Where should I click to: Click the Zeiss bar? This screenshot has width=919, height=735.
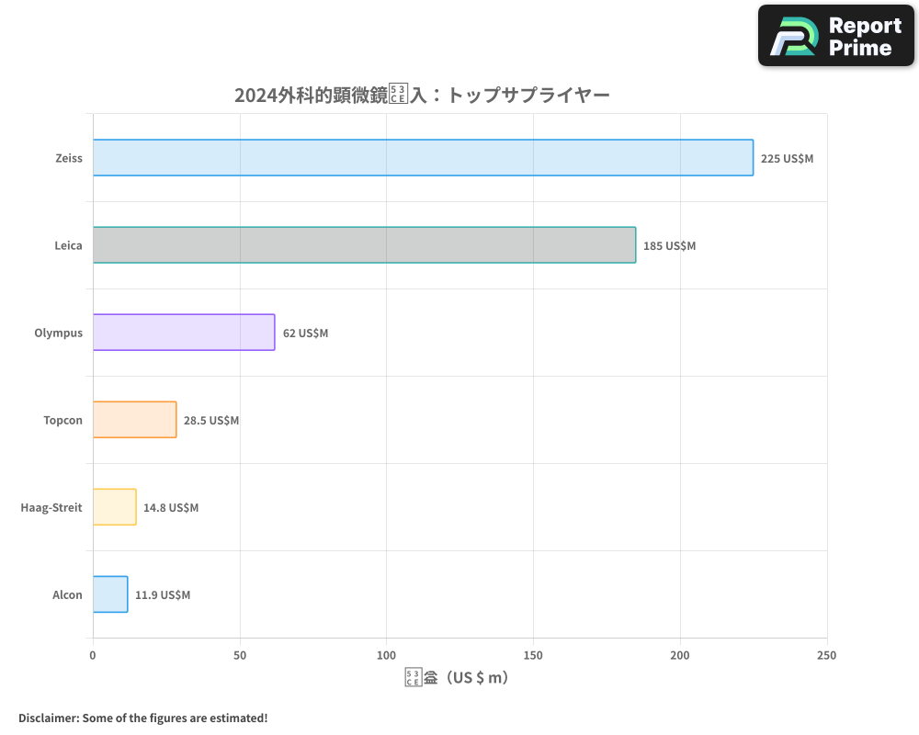(423, 158)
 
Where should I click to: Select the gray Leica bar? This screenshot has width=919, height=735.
(364, 245)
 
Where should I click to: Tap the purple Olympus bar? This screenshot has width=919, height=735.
(184, 333)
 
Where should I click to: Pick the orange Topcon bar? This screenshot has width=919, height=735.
(134, 420)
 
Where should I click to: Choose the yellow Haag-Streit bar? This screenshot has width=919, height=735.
(114, 507)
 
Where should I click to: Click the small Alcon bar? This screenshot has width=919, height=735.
(110, 594)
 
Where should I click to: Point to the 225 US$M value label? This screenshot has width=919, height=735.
(787, 159)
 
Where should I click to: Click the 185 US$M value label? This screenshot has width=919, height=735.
(669, 246)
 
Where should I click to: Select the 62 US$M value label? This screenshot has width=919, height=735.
(305, 334)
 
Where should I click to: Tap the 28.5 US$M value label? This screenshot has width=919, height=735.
(211, 421)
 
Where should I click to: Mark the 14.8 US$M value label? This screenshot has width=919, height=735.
(171, 508)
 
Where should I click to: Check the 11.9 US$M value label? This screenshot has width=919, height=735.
(163, 595)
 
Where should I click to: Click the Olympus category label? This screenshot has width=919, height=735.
(58, 333)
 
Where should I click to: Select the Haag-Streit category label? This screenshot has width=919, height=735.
(51, 507)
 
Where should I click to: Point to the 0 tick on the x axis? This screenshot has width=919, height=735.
(93, 655)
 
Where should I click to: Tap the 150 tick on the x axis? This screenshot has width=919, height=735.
(533, 655)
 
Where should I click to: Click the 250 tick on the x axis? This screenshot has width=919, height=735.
(826, 655)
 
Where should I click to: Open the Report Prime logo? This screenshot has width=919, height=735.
(836, 36)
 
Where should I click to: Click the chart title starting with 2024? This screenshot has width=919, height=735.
(422, 96)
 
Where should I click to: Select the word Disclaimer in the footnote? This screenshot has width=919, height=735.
(48, 718)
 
